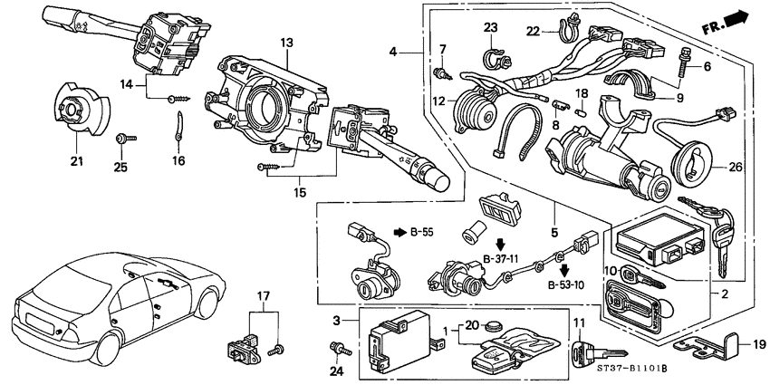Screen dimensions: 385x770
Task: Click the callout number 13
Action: pos(286,43)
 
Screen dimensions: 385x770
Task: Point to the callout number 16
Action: pos(178,160)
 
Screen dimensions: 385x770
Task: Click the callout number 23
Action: pos(491,27)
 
